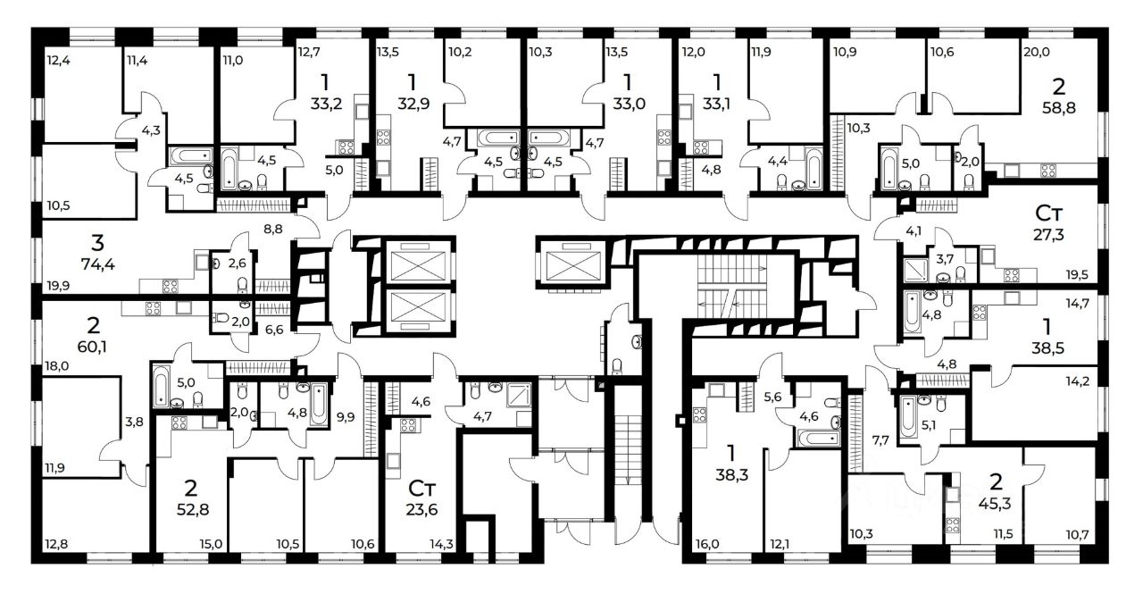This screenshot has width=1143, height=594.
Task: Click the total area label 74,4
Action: point(97,264)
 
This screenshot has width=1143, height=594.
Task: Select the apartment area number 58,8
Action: point(1059,108)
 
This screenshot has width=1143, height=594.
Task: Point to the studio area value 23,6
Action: point(421,509)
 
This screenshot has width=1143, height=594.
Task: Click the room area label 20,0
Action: point(1037,52)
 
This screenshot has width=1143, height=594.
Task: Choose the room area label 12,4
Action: point(58,61)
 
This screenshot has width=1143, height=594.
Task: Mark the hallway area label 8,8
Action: point(273,230)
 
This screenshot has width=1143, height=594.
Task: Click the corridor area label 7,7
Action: point(880,440)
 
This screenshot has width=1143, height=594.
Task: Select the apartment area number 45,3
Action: point(995,504)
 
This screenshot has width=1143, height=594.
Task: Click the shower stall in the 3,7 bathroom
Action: point(915,271)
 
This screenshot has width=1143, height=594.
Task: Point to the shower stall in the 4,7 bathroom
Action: point(519,395)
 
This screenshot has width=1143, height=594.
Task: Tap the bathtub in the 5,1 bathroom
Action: point(908,417)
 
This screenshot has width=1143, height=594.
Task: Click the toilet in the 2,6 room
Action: point(242,284)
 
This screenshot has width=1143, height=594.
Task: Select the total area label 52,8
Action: point(192,509)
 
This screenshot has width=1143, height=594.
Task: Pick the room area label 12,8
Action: point(56,545)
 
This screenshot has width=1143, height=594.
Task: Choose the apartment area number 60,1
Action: point(92,347)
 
